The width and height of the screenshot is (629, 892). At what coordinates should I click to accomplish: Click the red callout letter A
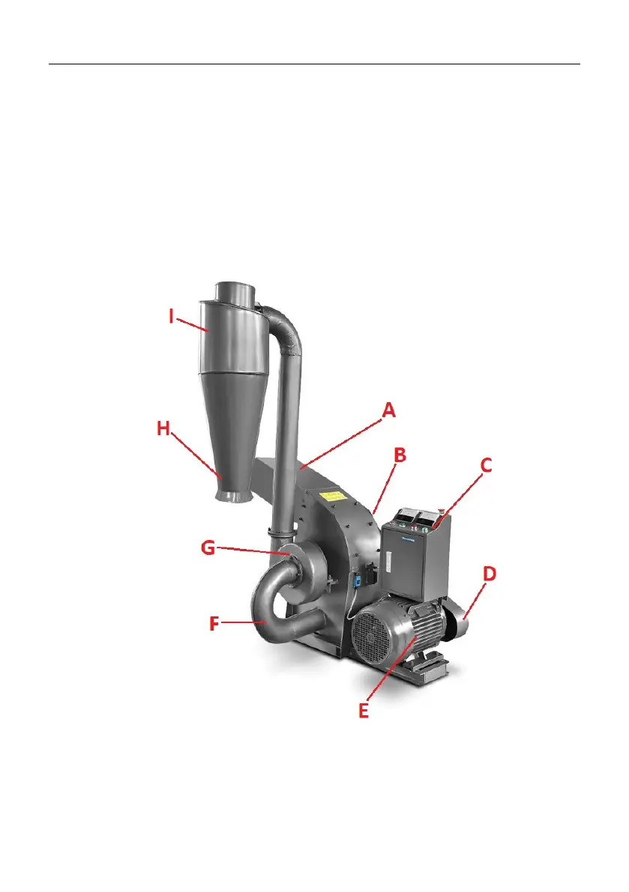coord(389,410)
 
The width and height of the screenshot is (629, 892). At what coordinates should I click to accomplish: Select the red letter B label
coord(400,455)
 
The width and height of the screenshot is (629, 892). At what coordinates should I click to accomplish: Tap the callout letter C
coord(486,465)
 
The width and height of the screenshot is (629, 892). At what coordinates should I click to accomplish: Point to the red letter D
coord(489,574)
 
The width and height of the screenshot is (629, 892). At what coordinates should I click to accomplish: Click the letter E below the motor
coord(363,711)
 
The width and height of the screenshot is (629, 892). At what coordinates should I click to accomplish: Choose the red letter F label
coord(214,623)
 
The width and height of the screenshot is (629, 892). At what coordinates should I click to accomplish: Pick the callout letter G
coord(208,547)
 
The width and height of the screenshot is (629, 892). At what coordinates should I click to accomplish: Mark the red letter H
coord(163,428)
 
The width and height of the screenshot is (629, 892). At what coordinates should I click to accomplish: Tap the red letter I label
coord(172,316)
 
